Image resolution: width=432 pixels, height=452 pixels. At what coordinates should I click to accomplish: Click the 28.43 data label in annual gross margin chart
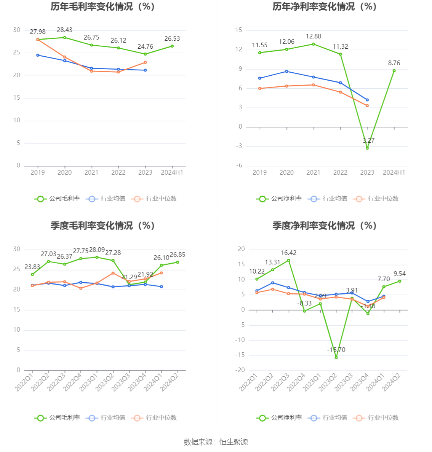pyautogui.click(x=64, y=30)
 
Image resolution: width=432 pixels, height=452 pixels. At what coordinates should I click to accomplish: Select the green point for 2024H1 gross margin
pyautogui.click(x=172, y=46)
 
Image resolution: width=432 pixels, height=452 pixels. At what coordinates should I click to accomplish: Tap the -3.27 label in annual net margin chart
pyautogui.click(x=367, y=141)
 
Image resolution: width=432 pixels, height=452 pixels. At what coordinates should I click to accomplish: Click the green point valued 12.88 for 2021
pyautogui.click(x=314, y=44)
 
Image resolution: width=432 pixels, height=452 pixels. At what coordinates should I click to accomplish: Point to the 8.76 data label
pyautogui.click(x=394, y=63)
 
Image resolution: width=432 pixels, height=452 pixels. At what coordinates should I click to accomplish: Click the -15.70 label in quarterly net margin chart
pyautogui.click(x=336, y=350)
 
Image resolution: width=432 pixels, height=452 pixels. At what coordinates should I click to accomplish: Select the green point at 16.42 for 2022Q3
pyautogui.click(x=289, y=261)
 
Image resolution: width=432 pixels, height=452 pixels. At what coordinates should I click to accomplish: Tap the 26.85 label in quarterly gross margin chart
pyautogui.click(x=178, y=255)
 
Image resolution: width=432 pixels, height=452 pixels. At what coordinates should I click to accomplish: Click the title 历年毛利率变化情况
pyautogui.click(x=102, y=7)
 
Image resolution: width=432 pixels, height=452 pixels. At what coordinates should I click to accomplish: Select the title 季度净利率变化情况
pyautogui.click(x=324, y=226)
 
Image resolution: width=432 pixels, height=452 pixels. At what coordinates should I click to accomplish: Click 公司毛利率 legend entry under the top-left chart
pyautogui.click(x=58, y=199)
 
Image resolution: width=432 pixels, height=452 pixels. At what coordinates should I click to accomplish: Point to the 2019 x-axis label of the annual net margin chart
pyautogui.click(x=260, y=173)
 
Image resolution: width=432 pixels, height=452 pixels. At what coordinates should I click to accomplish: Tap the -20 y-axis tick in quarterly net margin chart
pyautogui.click(x=241, y=370)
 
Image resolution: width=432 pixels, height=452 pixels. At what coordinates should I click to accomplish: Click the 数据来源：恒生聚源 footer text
pyautogui.click(x=216, y=442)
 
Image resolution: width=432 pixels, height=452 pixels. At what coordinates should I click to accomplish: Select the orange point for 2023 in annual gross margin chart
pyautogui.click(x=145, y=62)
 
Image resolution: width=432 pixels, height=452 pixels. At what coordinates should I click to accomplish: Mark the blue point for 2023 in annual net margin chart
pyautogui.click(x=367, y=100)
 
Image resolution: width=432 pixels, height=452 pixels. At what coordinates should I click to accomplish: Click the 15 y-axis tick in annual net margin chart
pyautogui.click(x=239, y=30)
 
